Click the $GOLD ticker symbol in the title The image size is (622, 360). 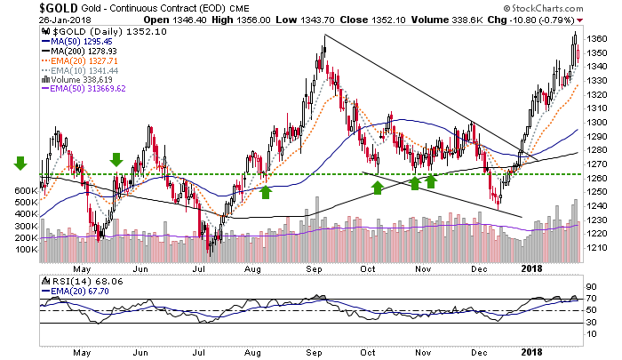point(26,7)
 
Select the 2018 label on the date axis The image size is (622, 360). point(531,269)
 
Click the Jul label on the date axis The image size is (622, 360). point(202,269)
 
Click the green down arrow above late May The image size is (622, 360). point(116,159)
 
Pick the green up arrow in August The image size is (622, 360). point(265,190)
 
